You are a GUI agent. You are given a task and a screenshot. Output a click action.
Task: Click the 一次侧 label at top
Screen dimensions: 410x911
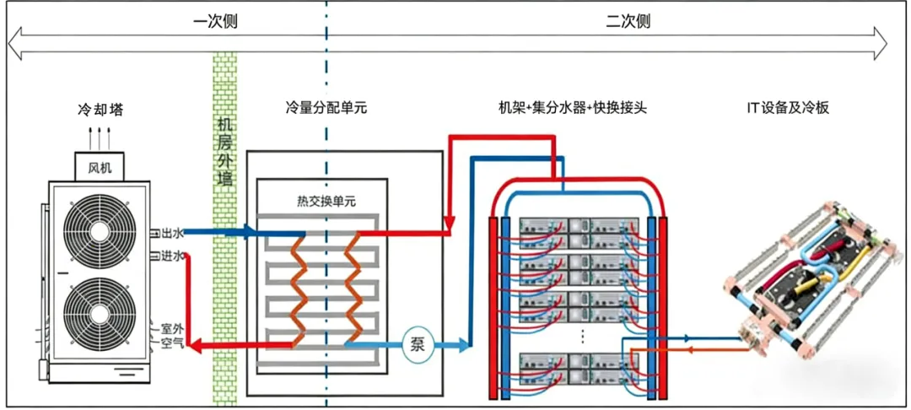(x=215, y=21)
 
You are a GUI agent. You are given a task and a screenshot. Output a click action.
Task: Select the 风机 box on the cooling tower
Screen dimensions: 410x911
(x=100, y=166)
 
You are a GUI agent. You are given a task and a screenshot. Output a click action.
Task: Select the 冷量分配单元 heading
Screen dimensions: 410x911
(x=326, y=108)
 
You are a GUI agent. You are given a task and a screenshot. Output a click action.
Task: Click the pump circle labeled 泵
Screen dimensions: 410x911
(x=417, y=344)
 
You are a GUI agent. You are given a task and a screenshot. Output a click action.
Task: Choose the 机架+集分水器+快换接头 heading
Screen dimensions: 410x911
(x=573, y=108)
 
